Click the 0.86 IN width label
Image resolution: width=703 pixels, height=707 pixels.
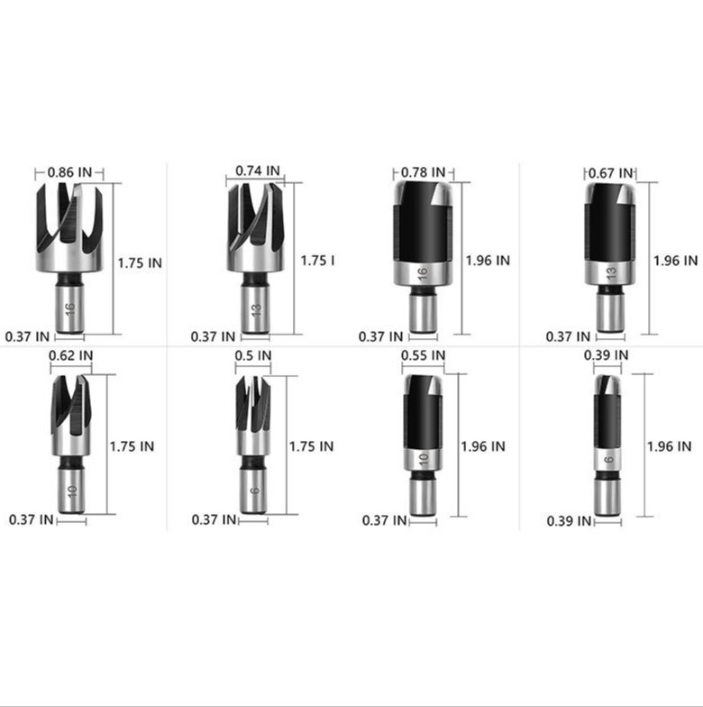(69, 172)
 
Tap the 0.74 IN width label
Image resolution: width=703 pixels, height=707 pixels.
(258, 171)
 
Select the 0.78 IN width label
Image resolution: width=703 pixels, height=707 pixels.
(424, 172)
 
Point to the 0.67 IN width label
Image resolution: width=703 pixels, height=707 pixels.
(611, 173)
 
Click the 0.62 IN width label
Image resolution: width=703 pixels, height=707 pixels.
(70, 355)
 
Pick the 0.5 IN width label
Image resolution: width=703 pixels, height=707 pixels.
(253, 355)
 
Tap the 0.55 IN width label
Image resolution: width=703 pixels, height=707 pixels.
(424, 355)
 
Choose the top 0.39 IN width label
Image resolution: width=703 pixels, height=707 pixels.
(606, 355)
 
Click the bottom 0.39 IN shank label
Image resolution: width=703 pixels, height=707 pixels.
(569, 521)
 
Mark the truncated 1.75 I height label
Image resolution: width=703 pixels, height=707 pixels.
(317, 261)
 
